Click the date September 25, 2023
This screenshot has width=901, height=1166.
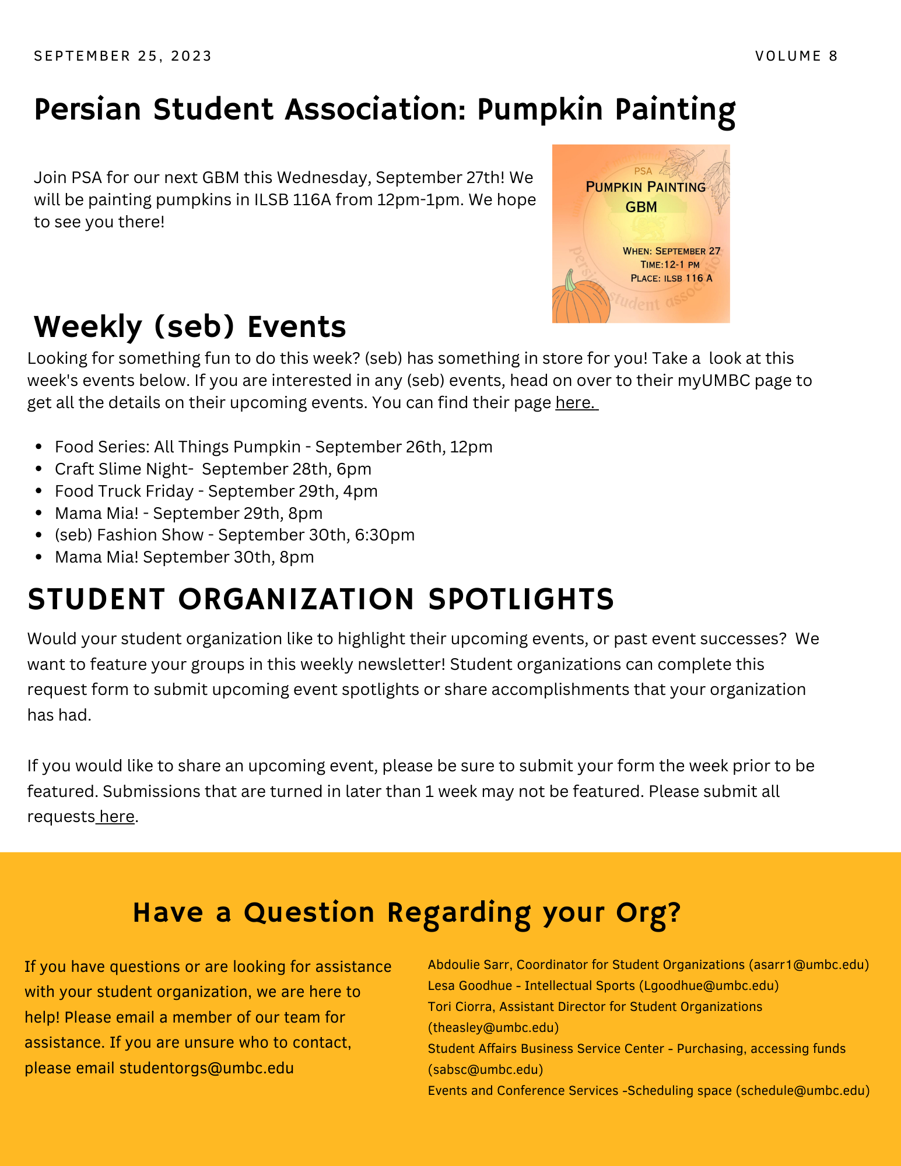pos(122,56)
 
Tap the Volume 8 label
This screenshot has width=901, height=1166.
pos(796,56)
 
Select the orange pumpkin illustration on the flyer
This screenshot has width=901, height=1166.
pos(579,298)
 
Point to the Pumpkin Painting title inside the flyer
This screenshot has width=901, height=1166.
pos(645,187)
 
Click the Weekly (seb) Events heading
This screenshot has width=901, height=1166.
pos(190,326)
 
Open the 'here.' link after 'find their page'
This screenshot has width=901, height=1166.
pos(576,403)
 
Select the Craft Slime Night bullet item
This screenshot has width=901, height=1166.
pos(213,469)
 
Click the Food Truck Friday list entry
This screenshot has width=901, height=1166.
pos(216,491)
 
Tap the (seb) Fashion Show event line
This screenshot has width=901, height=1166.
pos(234,535)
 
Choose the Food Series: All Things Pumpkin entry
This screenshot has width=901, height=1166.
pos(274,447)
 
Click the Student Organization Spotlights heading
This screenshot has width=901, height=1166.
pos(321,599)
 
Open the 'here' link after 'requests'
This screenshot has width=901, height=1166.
pos(117,817)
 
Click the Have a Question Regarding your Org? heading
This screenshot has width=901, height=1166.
pos(406,912)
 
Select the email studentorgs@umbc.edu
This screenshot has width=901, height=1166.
pos(206,1068)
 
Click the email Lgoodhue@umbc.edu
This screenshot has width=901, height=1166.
pos(709,986)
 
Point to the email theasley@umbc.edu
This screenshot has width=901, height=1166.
pos(493,1027)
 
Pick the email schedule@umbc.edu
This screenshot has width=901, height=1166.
pos(802,1091)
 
